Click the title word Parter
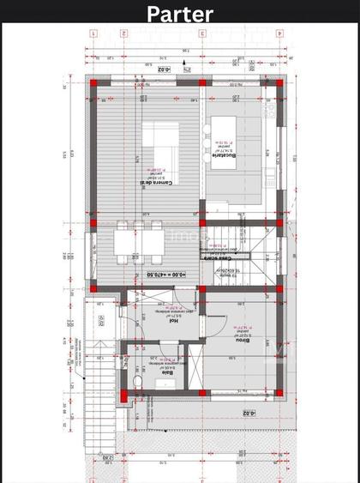click(179, 14)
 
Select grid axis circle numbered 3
click(123, 33)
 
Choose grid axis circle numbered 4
click(93, 33)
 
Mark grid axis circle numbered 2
click(202, 33)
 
